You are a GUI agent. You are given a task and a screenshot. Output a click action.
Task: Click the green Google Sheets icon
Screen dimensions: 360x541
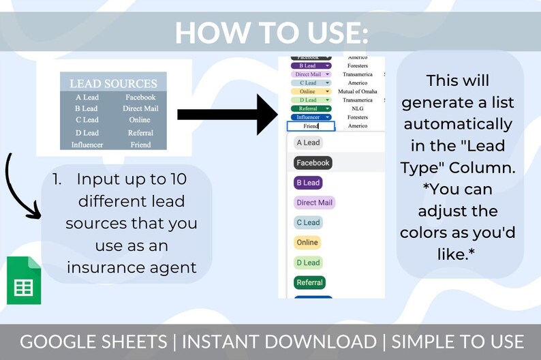(x=24, y=280)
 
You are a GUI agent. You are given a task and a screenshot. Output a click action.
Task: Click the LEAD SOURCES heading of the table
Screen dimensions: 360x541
(x=113, y=84)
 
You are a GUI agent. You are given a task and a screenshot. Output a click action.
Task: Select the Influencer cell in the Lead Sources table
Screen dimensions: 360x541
(x=87, y=145)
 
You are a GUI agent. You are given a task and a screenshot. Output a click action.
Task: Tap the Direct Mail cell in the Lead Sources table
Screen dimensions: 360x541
(x=140, y=108)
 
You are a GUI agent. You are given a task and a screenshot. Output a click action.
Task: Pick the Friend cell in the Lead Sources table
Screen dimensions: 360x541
(x=140, y=145)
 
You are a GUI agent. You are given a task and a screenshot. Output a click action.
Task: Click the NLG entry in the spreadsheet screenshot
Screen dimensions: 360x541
(x=357, y=108)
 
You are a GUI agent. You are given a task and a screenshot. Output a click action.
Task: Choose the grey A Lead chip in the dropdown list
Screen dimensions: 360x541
(x=308, y=142)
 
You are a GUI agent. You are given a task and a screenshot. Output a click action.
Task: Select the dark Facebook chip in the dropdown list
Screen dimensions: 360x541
(x=313, y=163)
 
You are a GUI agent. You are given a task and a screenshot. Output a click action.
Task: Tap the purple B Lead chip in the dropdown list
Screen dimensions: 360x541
(x=308, y=183)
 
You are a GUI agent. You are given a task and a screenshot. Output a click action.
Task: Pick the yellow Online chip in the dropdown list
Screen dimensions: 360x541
(x=307, y=242)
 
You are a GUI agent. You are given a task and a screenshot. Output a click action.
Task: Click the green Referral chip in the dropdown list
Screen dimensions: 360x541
(x=309, y=282)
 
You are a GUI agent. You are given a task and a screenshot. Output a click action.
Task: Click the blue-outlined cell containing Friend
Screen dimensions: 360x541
(x=311, y=126)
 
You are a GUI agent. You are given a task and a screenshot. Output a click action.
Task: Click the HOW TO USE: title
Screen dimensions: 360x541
(x=271, y=32)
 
